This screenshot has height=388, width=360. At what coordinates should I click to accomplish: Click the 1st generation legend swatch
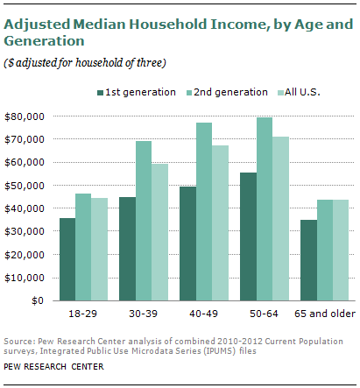[x=101, y=92]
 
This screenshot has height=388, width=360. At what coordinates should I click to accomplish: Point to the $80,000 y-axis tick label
[x=26, y=116]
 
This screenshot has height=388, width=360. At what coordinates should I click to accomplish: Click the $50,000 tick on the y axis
[x=26, y=186]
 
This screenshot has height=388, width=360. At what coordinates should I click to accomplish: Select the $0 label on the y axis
[x=39, y=300]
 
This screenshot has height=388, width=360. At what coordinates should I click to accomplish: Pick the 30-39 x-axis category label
[x=144, y=314]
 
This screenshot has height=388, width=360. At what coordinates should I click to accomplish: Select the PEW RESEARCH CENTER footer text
[x=54, y=366]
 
